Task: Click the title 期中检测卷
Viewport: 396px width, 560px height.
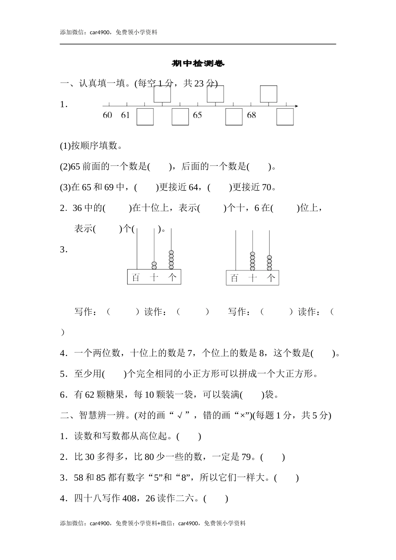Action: click(x=198, y=64)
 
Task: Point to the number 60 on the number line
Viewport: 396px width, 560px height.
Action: click(x=108, y=115)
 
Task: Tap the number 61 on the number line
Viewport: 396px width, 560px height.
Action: click(x=125, y=115)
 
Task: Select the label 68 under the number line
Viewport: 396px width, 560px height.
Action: click(x=251, y=115)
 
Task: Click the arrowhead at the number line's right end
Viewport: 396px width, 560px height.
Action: click(x=296, y=106)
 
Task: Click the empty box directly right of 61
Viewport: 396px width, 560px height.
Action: click(x=145, y=117)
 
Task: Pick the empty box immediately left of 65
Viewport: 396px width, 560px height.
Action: click(x=180, y=117)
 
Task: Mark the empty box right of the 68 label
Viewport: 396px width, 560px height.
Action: click(x=285, y=117)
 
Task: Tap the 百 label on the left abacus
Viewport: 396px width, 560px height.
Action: click(x=135, y=277)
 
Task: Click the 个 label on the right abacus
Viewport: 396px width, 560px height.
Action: click(x=271, y=278)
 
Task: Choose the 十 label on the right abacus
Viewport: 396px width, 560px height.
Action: click(x=252, y=278)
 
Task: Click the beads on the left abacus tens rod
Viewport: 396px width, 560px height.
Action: click(x=154, y=265)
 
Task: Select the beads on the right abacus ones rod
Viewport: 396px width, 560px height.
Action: click(x=269, y=262)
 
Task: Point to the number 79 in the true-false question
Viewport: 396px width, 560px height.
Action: click(x=246, y=457)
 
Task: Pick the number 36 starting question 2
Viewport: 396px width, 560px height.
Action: click(x=77, y=208)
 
